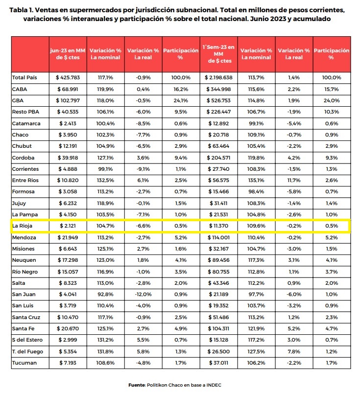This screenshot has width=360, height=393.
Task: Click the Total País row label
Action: click(24, 78)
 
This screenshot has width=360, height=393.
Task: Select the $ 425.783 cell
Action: click(68, 78)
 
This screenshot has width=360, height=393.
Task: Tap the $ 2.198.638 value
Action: click(218, 78)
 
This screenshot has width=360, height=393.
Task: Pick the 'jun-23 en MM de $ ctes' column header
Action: click(68, 54)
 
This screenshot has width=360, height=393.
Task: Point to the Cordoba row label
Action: click(24, 158)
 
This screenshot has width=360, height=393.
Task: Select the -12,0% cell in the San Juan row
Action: click(143, 295)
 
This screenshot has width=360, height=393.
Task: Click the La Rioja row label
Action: click(23, 226)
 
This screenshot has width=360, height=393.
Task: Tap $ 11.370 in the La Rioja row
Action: click(218, 226)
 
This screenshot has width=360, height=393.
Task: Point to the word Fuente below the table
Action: click(137, 385)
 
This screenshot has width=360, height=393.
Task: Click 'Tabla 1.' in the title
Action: click(21, 10)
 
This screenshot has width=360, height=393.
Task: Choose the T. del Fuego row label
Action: click(27, 352)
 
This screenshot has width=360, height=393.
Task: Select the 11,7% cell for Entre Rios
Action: click(294, 181)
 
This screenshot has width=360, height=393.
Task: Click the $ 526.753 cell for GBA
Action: click(218, 101)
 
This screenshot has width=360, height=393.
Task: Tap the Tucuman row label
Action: click(24, 363)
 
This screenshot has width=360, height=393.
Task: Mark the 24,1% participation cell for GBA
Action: click(181, 101)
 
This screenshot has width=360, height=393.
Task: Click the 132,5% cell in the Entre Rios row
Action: click(106, 181)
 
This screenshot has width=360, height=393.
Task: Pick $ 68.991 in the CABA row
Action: click(68, 90)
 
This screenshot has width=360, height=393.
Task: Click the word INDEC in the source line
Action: click(214, 385)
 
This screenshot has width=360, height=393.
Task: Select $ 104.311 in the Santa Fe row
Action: click(218, 328)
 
